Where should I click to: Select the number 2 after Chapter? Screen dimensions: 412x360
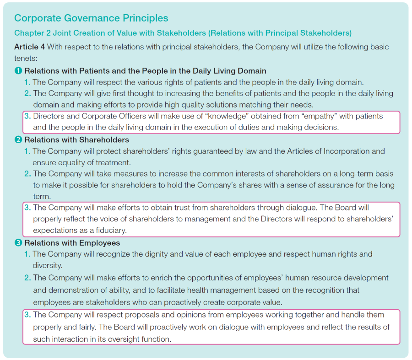49,33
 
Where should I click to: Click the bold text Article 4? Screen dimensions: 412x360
29,47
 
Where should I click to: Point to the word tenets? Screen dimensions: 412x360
26,58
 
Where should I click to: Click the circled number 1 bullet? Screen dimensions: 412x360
18,70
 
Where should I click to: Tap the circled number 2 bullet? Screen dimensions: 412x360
18,140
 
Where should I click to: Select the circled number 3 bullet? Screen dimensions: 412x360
18,243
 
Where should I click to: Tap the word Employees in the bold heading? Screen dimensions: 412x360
100,243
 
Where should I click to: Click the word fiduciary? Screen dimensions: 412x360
111,230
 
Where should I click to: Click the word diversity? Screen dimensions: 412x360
47,265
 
